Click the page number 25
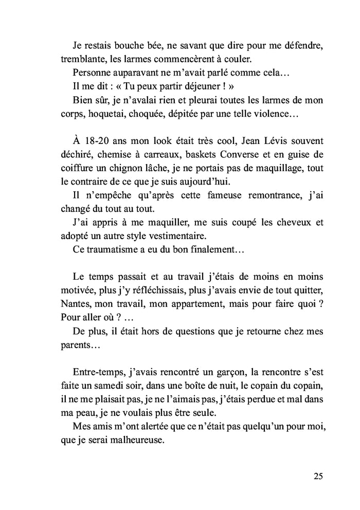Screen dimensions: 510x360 coord(318,476)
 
